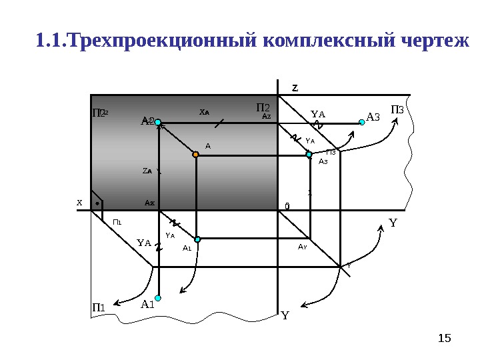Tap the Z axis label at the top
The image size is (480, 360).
coord(295,87)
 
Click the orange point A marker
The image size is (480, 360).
coord(195,154)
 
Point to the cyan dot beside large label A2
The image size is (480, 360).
coord(158,122)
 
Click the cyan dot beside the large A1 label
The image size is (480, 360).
coord(159,298)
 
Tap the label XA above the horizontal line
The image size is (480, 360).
coord(205,113)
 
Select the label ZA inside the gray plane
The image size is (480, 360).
coord(147,171)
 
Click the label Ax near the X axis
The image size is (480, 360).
coord(150,201)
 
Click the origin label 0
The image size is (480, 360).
coord(287,207)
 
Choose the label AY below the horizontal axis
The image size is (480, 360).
coord(302,247)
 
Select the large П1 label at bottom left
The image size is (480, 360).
coord(99,307)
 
